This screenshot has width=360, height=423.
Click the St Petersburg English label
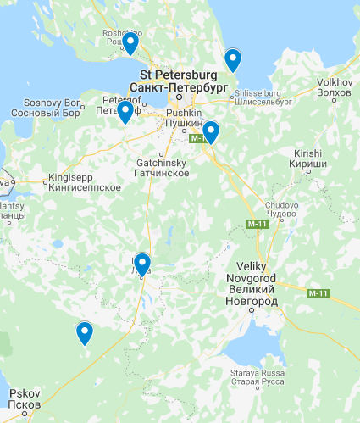click(x=180, y=75)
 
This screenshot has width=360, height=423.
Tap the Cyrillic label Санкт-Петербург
click(x=180, y=86)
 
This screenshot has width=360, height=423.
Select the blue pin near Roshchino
click(x=130, y=42)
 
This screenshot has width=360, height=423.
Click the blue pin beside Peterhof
click(x=125, y=111)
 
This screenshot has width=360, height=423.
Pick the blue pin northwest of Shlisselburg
click(x=232, y=59)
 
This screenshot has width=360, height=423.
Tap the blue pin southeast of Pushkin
click(x=210, y=131)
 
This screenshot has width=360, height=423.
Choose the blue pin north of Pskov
click(x=84, y=332)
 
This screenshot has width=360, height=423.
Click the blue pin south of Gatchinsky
click(x=141, y=264)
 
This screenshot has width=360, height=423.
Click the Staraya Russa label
click(x=255, y=374)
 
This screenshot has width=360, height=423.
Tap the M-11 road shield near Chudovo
click(x=257, y=223)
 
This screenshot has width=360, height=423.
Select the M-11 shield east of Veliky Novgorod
click(x=318, y=293)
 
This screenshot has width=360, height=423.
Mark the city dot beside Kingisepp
click(x=45, y=180)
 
